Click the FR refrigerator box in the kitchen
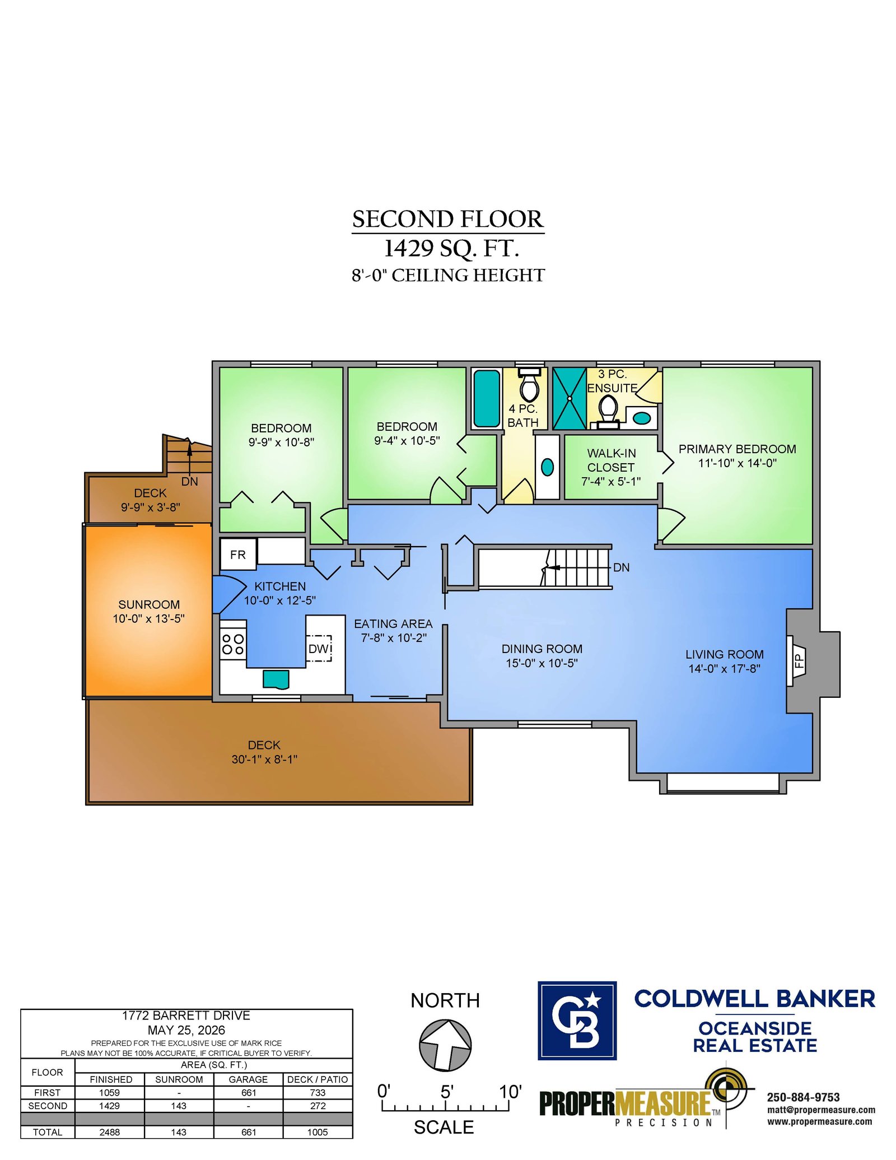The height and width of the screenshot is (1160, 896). click(x=238, y=555)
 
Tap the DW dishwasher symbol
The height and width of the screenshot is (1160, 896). click(x=319, y=648)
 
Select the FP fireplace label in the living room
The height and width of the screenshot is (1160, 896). click(x=799, y=661)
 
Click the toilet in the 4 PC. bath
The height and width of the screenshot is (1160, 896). click(x=529, y=385)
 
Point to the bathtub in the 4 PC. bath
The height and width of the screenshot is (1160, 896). click(x=487, y=398)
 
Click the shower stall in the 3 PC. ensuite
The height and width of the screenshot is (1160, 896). click(x=570, y=398)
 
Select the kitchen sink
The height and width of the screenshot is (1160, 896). click(x=276, y=679)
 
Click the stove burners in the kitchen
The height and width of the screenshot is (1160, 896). click(x=233, y=644)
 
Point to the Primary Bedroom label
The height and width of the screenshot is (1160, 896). click(x=737, y=449)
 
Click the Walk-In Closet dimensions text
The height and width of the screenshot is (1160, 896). click(x=610, y=481)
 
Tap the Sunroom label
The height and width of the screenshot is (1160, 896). click(x=149, y=604)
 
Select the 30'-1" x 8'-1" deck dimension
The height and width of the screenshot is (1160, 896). click(x=264, y=759)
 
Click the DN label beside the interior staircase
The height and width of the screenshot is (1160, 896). click(x=621, y=567)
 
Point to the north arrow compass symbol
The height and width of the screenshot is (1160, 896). click(x=445, y=1045)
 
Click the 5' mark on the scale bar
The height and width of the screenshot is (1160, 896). click(x=446, y=1092)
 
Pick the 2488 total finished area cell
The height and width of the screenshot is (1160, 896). click(x=110, y=1132)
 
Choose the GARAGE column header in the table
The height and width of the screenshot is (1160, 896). click(x=248, y=1079)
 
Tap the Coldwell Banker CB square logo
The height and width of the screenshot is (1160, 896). click(x=577, y=1021)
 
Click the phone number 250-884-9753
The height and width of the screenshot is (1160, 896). click(x=803, y=1097)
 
